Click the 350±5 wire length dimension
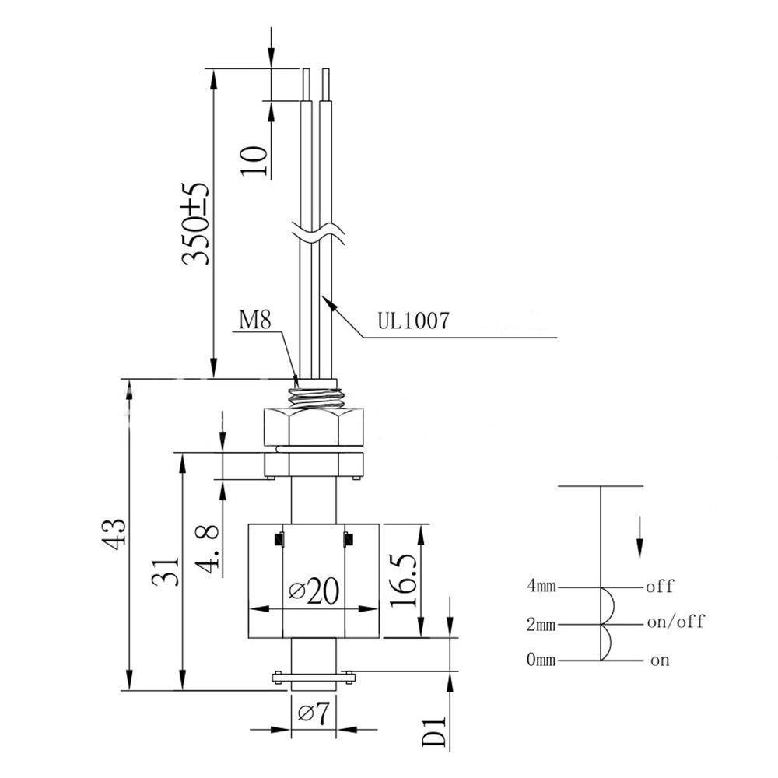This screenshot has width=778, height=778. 195,224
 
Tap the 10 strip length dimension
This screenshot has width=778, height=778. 254,160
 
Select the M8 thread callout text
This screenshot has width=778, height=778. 255,320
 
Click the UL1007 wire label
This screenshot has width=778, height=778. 413,321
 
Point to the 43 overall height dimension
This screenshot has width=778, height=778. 114,534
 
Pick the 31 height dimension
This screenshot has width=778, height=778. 165,572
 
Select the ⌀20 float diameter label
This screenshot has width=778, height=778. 314,590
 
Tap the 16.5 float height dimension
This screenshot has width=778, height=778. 403,580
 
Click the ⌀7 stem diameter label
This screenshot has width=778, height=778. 314,713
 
